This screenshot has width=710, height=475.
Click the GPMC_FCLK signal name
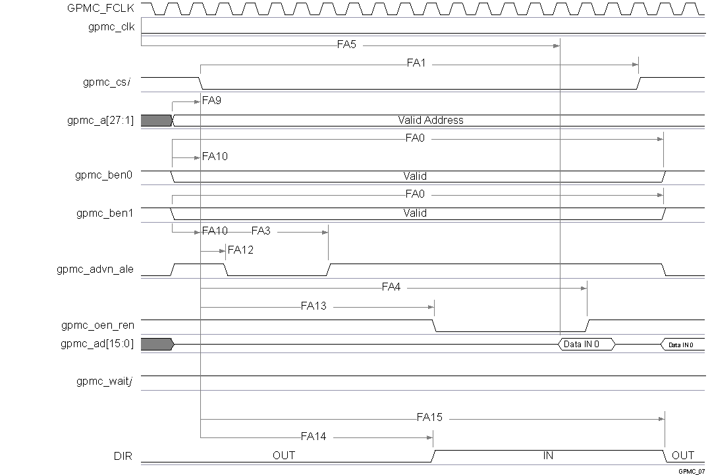(101, 9)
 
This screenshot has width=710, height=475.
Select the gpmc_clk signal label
(111, 27)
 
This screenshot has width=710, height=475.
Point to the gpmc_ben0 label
(104, 176)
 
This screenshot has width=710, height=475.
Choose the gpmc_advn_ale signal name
(96, 269)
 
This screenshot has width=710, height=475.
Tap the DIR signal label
(123, 455)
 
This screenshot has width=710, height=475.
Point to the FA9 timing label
(211, 101)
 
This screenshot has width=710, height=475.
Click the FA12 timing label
(240, 250)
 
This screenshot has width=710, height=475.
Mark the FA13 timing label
(314, 306)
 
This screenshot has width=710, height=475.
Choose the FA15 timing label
(429, 418)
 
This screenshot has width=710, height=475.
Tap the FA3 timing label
(261, 231)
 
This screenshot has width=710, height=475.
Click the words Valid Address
(430, 121)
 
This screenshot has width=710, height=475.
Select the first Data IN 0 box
(585, 344)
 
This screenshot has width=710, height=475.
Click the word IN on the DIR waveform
(548, 455)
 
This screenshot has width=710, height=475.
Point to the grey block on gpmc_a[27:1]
(156, 121)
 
